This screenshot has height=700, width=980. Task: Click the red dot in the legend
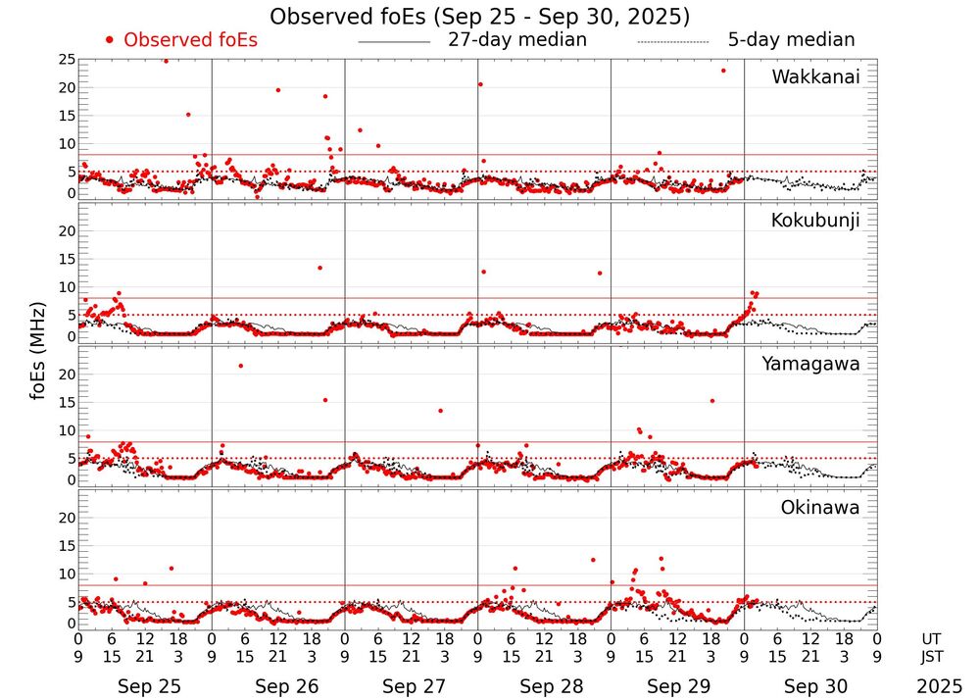pyautogui.click(x=110, y=40)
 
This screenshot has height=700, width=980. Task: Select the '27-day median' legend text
pyautogui.click(x=517, y=40)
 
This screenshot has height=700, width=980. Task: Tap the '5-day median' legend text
pyautogui.click(x=791, y=40)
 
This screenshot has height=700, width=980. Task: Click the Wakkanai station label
pyautogui.click(x=815, y=77)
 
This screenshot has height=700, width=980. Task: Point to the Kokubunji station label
pyautogui.click(x=813, y=221)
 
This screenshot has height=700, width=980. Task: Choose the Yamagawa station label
pyautogui.click(x=810, y=364)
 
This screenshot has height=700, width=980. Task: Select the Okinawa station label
pyautogui.click(x=819, y=508)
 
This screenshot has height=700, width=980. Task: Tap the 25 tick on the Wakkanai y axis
pyautogui.click(x=67, y=60)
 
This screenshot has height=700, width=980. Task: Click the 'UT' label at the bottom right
pyautogui.click(x=933, y=637)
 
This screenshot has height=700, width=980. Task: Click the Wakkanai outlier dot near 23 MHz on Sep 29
pyautogui.click(x=723, y=71)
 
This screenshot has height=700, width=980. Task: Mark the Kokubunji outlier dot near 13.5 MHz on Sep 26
pyautogui.click(x=319, y=268)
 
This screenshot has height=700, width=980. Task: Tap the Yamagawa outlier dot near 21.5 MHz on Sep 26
pyautogui.click(x=240, y=366)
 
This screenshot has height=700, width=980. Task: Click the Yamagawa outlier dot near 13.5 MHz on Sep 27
pyautogui.click(x=440, y=411)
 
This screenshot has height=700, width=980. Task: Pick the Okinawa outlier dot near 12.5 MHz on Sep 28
pyautogui.click(x=593, y=560)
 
